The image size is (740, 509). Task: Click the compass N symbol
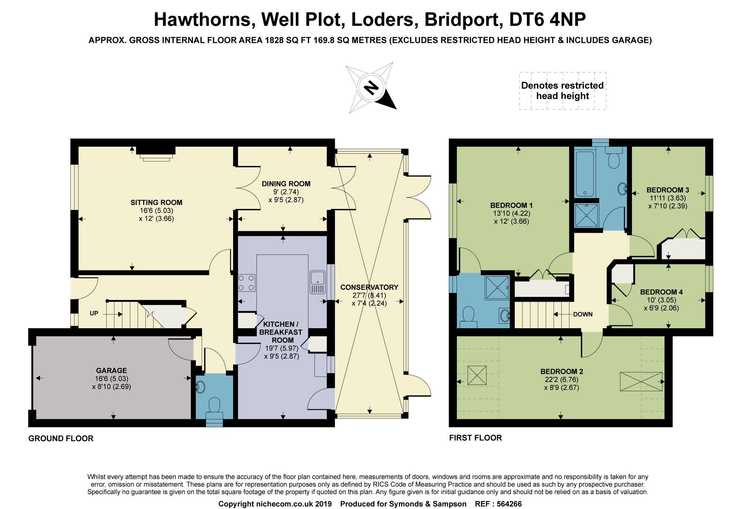371,88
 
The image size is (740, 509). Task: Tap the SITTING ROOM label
156,203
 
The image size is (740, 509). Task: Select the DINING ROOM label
286,184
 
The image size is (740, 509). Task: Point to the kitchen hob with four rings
246,283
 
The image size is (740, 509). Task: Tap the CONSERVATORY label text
369,287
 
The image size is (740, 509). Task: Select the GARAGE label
111,370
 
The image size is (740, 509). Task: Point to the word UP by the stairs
94,313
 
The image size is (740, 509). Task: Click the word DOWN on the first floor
583,315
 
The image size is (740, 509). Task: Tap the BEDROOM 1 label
511,205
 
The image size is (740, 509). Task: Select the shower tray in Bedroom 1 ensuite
497,287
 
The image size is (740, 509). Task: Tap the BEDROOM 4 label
661,292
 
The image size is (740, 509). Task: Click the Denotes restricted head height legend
562,91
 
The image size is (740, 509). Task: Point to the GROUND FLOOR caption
61,439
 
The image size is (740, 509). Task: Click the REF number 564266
509,504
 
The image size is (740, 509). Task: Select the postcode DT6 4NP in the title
547,20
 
